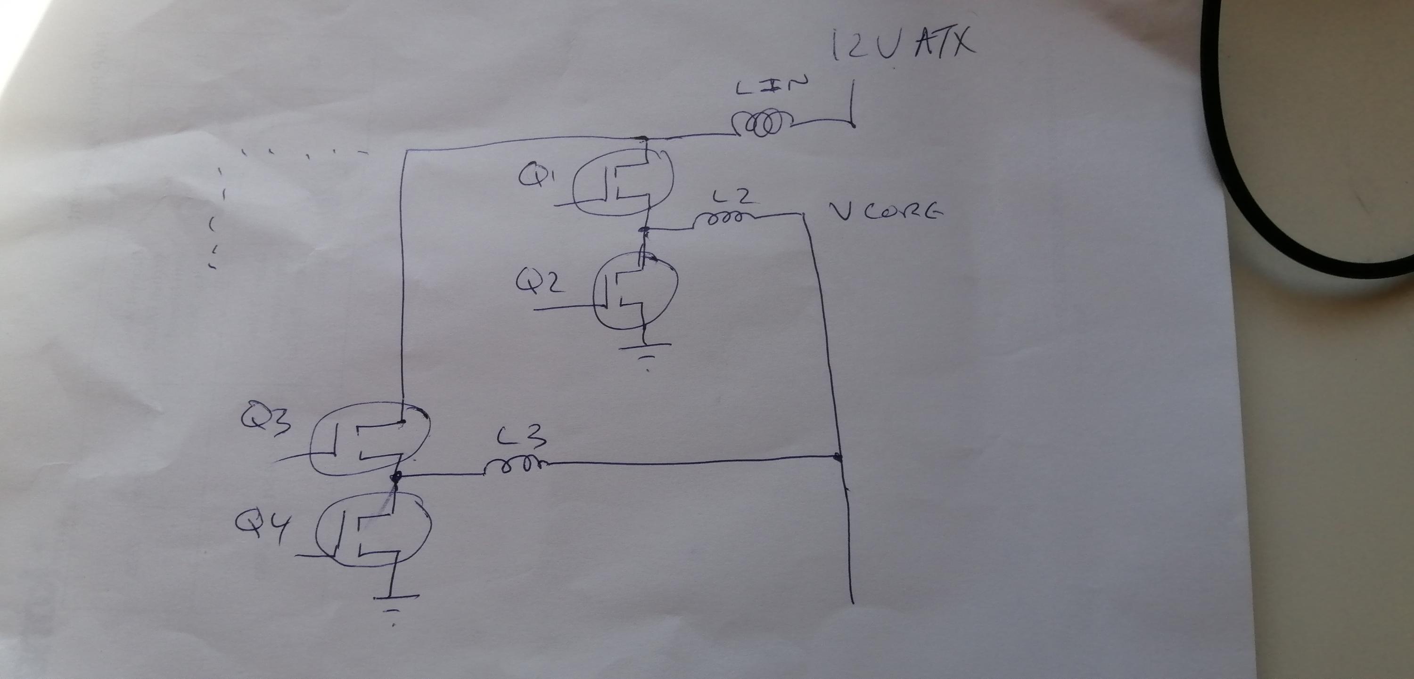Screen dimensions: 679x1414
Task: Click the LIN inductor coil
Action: click(763, 124)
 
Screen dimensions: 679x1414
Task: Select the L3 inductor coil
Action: click(515, 465)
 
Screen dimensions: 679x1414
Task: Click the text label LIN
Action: click(773, 87)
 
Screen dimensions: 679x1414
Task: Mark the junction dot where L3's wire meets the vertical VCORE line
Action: click(838, 456)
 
